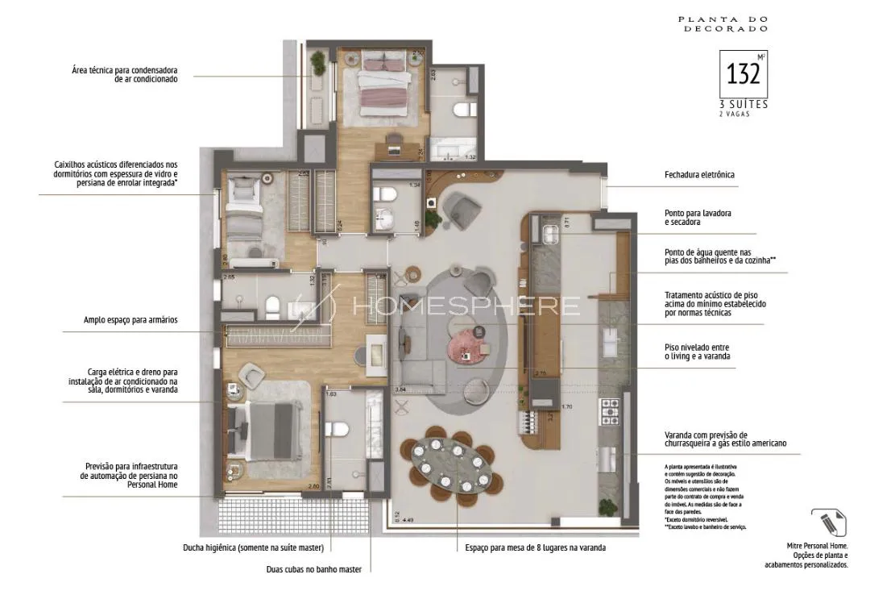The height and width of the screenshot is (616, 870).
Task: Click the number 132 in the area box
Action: [x=742, y=74]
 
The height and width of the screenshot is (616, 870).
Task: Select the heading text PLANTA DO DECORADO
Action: [x=723, y=23]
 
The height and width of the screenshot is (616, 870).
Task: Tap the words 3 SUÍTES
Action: [x=743, y=105]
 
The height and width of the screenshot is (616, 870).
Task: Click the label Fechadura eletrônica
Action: [x=698, y=174]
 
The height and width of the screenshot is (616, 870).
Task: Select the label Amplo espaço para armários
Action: [x=130, y=320]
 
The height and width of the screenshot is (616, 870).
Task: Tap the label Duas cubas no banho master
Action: [x=313, y=569]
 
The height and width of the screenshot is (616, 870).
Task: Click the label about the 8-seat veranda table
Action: [x=535, y=547]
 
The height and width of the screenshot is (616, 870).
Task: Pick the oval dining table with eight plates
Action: [x=451, y=463]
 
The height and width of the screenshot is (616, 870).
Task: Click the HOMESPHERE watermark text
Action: [x=466, y=306]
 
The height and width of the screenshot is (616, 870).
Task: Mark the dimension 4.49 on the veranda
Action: [x=408, y=520]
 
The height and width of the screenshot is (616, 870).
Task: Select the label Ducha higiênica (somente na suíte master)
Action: [x=253, y=547]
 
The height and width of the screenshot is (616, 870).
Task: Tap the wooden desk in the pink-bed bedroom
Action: [x=395, y=145]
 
